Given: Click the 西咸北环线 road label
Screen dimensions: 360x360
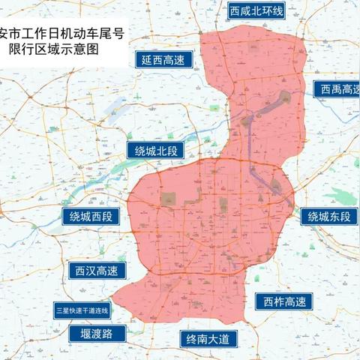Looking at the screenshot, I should (x=258, y=11).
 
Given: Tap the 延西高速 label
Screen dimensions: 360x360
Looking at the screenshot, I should (x=163, y=61).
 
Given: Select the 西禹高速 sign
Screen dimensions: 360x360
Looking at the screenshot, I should (x=337, y=90).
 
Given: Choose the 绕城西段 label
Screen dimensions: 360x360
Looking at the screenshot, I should (x=91, y=217).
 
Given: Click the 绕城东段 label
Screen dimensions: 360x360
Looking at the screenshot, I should (x=327, y=217).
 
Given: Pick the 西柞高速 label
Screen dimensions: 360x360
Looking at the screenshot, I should (x=285, y=301).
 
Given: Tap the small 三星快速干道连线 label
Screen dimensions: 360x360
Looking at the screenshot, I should (x=82, y=310).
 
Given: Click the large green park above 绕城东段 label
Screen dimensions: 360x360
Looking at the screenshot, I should (x=344, y=196).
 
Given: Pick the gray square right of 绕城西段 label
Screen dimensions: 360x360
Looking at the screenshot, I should (x=168, y=198).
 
